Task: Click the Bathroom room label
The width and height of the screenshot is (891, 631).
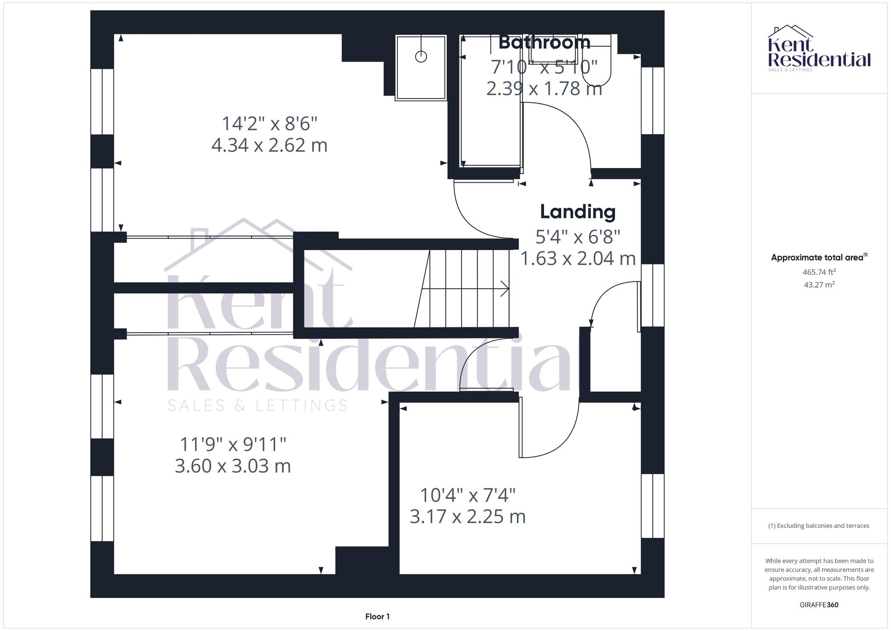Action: point(544,42)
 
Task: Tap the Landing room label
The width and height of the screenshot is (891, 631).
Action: point(578,211)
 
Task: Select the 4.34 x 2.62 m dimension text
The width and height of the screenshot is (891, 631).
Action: point(269,145)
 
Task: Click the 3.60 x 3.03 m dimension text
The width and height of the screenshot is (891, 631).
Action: point(233,466)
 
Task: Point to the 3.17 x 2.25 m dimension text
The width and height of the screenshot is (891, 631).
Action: point(467,516)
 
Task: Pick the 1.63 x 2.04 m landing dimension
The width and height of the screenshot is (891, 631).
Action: point(578,259)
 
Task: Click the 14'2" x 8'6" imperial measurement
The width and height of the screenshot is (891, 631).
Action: point(270,124)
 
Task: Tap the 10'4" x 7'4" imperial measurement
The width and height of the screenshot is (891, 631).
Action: point(468,495)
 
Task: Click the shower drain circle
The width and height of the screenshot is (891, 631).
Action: point(421,57)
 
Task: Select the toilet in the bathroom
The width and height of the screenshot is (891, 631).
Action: point(597,67)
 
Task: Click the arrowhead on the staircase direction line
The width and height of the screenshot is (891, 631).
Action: point(506,289)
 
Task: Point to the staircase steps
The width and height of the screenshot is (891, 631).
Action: point(463,289)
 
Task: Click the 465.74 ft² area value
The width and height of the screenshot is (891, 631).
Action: point(819,272)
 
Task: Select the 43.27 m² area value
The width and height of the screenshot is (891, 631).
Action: point(819,285)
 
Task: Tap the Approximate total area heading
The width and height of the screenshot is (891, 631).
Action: point(819,257)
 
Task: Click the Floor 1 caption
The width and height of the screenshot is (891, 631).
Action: point(377,617)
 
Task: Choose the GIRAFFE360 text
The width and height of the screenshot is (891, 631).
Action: point(819,605)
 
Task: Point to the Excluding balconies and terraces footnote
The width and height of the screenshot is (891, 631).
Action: point(819,526)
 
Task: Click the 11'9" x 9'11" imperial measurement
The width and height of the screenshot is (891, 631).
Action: point(233,444)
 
